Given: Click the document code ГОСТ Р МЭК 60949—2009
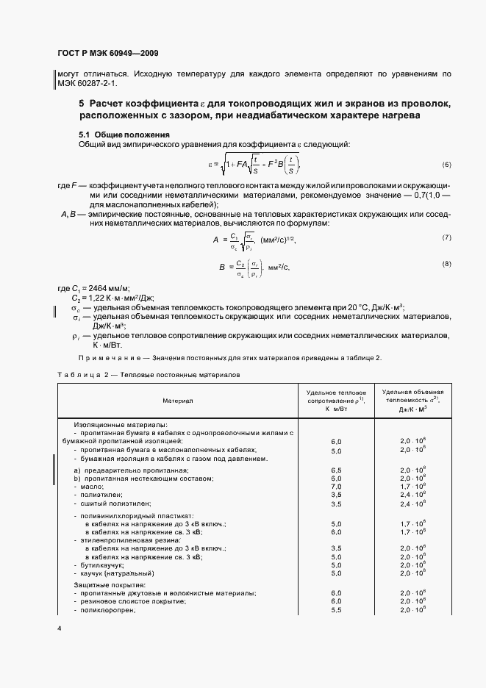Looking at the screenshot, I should point(107,54).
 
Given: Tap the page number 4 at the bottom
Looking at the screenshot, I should point(60,629).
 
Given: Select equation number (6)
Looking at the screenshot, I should point(446,164).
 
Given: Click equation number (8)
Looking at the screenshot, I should point(446,263).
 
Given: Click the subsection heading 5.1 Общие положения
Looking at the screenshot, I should point(124,135).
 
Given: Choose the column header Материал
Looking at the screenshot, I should point(179,401).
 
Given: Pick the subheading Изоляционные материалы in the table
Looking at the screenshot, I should point(121,425).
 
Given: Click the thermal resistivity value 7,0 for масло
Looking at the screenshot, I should point(337,487).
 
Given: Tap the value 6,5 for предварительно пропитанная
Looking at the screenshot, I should point(337,469).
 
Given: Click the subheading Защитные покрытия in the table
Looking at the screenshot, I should point(110,584).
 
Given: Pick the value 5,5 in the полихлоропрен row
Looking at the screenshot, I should point(337,610).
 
